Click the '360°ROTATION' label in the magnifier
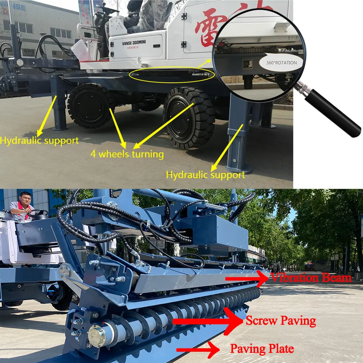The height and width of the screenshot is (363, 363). pos(281,62)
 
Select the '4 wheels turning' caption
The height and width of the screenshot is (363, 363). pos(127,154)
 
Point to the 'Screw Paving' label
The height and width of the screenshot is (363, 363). pos(281,321)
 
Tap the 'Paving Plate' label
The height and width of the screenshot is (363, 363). pos(262,349)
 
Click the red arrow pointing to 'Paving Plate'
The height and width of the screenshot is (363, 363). pos(198,350)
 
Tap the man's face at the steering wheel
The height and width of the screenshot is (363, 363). pos(24,200)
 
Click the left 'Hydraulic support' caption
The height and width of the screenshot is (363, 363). pos(39,140)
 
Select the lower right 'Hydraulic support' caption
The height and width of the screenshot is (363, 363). pos(205,175)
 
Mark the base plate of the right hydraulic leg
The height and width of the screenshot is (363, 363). pos(238,168)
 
